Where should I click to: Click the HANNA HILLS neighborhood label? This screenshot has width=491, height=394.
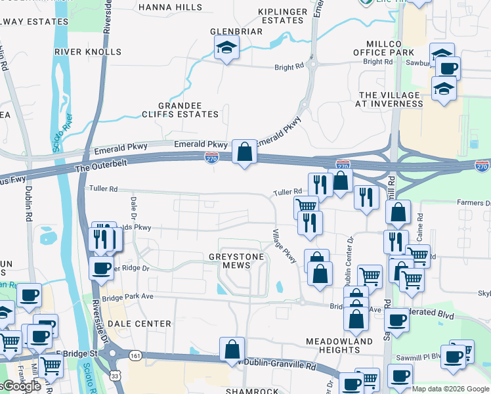coord(170,7)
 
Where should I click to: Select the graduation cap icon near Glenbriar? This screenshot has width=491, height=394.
coord(226,47)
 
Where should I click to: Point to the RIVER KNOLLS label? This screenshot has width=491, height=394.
coord(87,51)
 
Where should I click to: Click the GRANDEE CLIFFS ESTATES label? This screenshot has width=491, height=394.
coord(180,110)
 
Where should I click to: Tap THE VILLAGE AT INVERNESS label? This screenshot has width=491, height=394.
coord(388,99)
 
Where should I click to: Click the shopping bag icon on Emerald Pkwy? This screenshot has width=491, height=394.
coord(244,152)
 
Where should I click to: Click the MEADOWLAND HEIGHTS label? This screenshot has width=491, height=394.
coord(339,346)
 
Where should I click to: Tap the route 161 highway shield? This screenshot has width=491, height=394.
coord(135,355)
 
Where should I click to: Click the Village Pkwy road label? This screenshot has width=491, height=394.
coord(286,247)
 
